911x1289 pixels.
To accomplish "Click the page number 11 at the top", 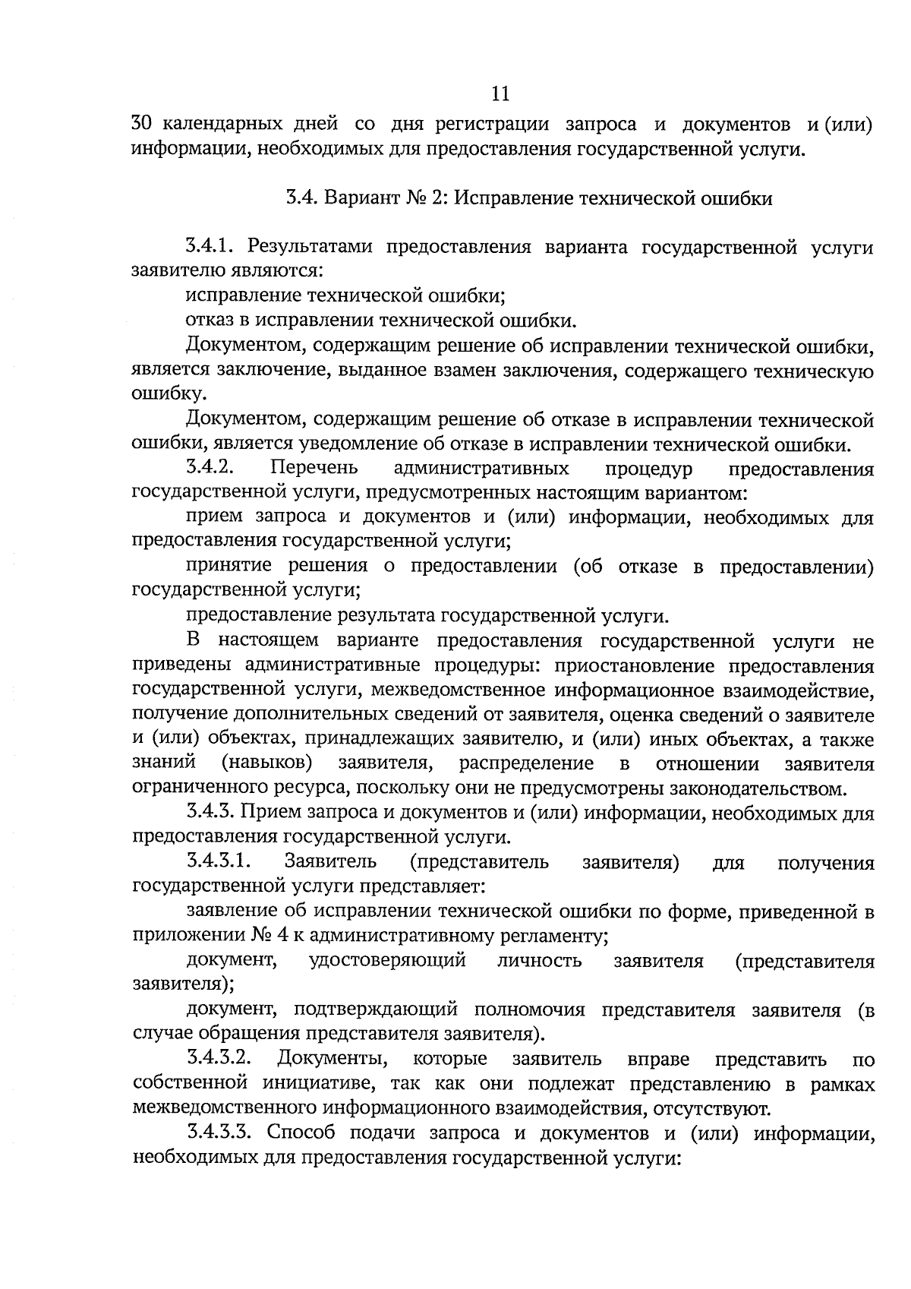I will click(500, 93).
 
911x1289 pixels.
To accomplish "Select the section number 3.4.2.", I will click(208, 466).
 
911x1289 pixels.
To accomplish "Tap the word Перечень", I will click(315, 467).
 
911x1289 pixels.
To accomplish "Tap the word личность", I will click(539, 960).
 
